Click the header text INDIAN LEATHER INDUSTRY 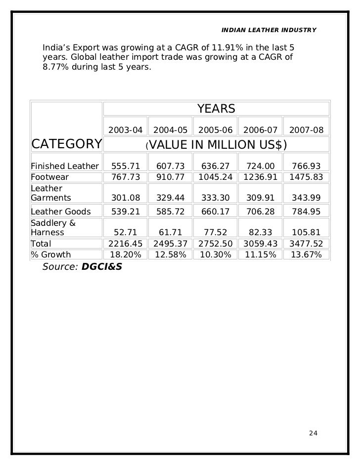(x=269, y=31)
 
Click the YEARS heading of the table (x=216, y=109)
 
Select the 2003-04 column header (x=125, y=130)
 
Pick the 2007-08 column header (x=307, y=130)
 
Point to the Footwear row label (x=50, y=176)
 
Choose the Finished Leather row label (x=65, y=166)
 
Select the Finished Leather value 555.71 (x=125, y=166)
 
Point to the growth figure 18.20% (x=125, y=255)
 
